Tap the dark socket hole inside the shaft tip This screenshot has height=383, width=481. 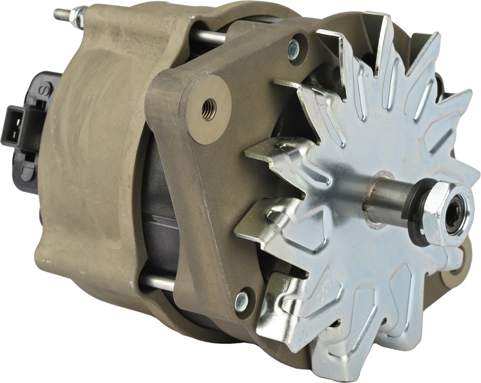point(454,214)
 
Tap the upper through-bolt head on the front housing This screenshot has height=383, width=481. point(293,50)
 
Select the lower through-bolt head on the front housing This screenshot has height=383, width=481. point(242,301)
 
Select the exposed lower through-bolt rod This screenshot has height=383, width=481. point(157,282)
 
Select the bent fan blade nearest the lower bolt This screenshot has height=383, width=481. point(277,301)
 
